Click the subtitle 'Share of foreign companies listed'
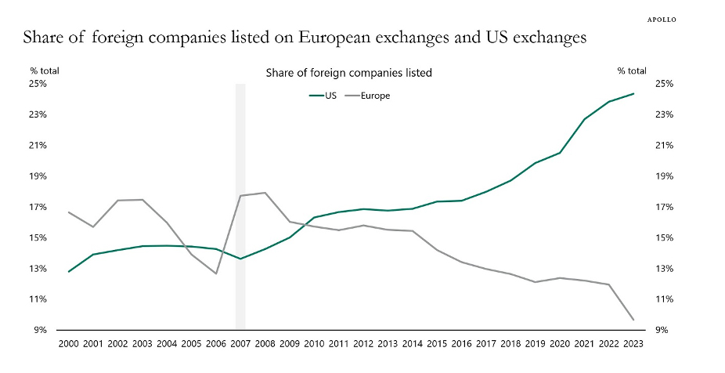(348, 73)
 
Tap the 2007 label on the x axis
(240, 343)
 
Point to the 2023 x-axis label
(633, 343)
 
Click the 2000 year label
(69, 343)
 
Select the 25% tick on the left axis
(38, 83)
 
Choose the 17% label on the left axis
(38, 207)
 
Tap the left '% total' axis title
(45, 71)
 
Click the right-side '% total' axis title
(631, 71)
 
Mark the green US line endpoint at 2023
(633, 94)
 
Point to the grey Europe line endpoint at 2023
(633, 320)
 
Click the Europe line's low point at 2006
(216, 273)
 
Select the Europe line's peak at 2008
(265, 193)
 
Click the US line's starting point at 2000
(69, 272)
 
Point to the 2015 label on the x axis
(437, 343)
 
